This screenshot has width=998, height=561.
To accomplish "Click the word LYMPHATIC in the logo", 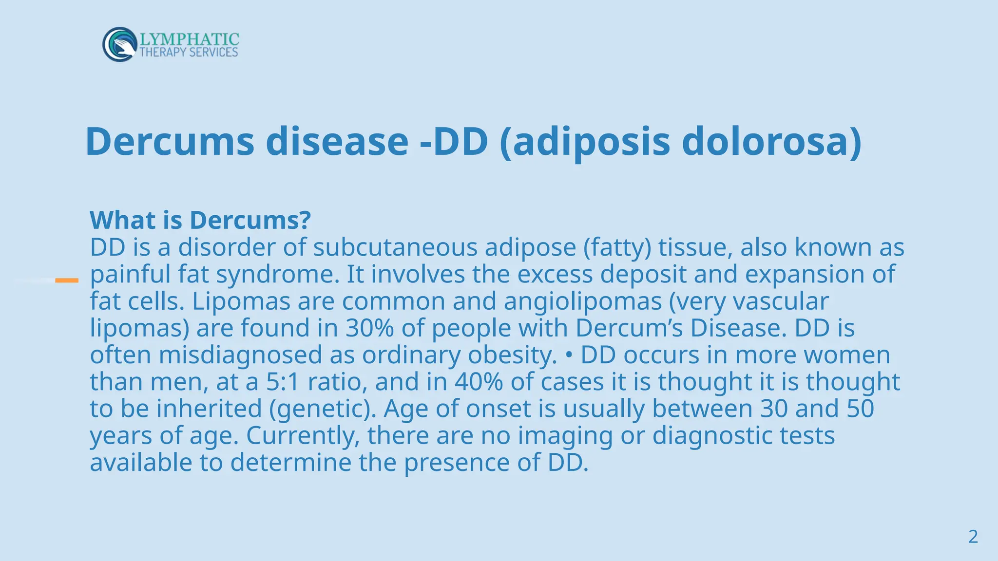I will (x=189, y=39).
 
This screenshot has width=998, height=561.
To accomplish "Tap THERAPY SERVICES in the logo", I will (x=189, y=52).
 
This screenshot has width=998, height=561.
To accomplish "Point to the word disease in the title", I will (x=337, y=141).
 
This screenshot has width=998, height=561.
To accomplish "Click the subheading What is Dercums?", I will (x=200, y=220).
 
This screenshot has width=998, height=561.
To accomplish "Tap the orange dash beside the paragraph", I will (x=67, y=280).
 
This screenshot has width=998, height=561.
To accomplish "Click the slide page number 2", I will (x=973, y=537).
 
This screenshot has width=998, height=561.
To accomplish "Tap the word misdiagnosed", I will (x=240, y=355).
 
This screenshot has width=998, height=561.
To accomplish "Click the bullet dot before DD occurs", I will (x=569, y=355).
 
